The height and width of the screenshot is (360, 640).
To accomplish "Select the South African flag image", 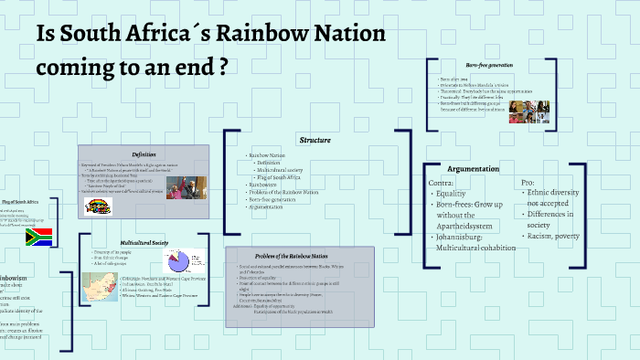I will pos(39,237).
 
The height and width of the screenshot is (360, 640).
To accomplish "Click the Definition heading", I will pos(144,154).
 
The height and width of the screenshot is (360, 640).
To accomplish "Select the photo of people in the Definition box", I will pos(192,191).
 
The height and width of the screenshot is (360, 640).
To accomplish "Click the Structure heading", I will pos(315,140).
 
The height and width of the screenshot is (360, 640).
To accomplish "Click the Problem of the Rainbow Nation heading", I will pos(298,255).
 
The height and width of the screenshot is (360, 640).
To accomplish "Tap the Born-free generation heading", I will pos(489,66).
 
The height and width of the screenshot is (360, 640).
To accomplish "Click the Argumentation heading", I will pos(473,169).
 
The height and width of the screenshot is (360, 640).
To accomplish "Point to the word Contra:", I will pos(442,183).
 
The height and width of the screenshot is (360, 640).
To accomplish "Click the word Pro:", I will pos(528,183).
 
